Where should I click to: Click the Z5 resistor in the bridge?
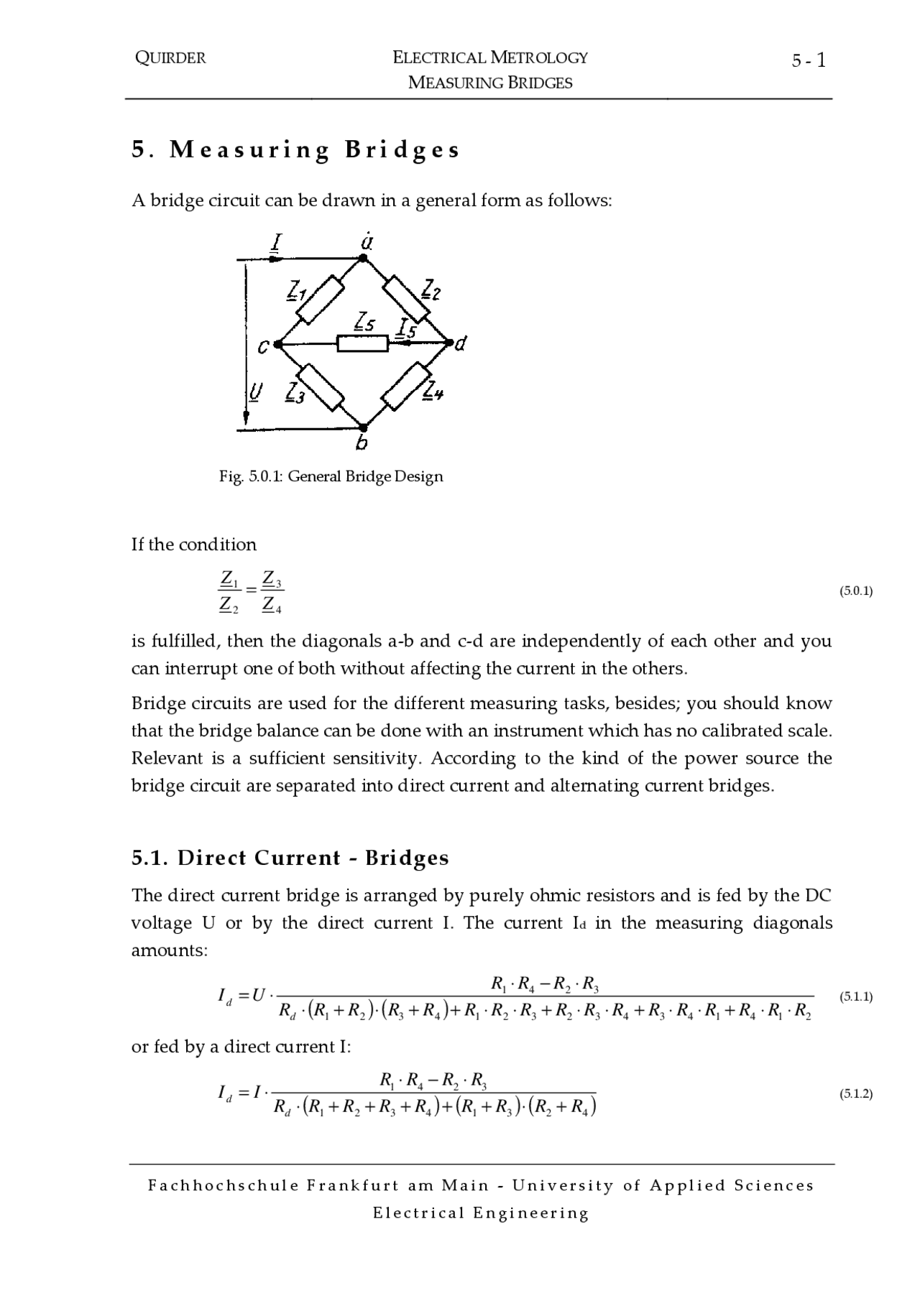(x=363, y=344)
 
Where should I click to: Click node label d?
(x=461, y=344)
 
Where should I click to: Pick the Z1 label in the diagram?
(x=297, y=291)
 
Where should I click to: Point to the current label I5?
(x=407, y=330)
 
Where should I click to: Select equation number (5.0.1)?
(x=855, y=591)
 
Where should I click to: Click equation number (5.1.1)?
(x=855, y=996)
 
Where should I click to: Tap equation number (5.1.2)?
(x=855, y=1094)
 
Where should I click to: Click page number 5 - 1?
(x=809, y=61)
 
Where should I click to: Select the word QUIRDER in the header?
(x=170, y=58)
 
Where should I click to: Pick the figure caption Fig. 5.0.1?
(x=331, y=476)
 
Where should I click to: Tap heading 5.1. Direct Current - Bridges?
(x=290, y=858)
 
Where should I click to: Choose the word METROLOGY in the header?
(x=539, y=57)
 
